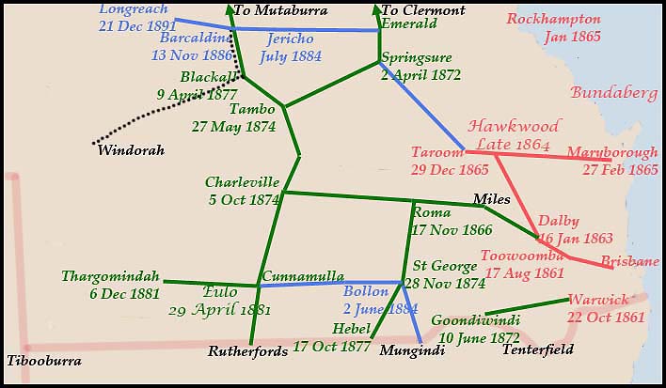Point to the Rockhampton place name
[x=553, y=20]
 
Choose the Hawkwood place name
[x=514, y=126]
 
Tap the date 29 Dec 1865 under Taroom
[x=450, y=170]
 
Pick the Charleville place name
[x=243, y=182]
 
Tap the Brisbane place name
[x=629, y=261]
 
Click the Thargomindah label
[x=112, y=276]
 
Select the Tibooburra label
[x=43, y=361]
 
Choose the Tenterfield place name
[x=537, y=349]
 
